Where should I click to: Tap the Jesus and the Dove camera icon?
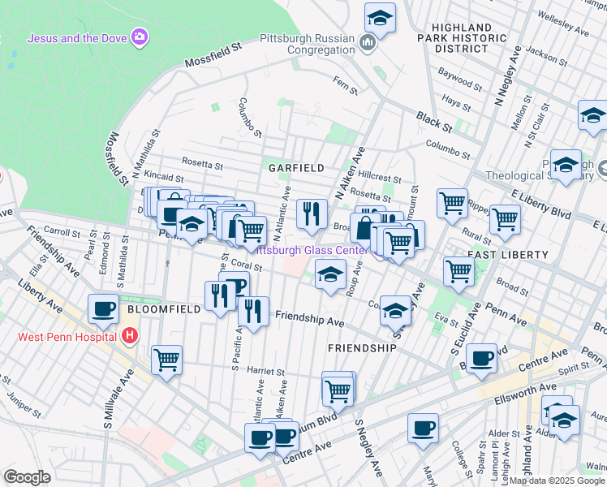coord(141,37)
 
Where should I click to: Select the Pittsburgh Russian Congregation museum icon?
coord(368,42)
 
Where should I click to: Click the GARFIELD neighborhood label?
coord(297,168)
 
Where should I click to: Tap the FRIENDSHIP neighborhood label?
coord(362,347)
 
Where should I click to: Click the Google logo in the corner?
coord(27,476)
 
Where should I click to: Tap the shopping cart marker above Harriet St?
coord(166,360)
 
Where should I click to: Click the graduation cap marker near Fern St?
coord(379,18)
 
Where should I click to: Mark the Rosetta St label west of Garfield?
coord(203,165)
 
